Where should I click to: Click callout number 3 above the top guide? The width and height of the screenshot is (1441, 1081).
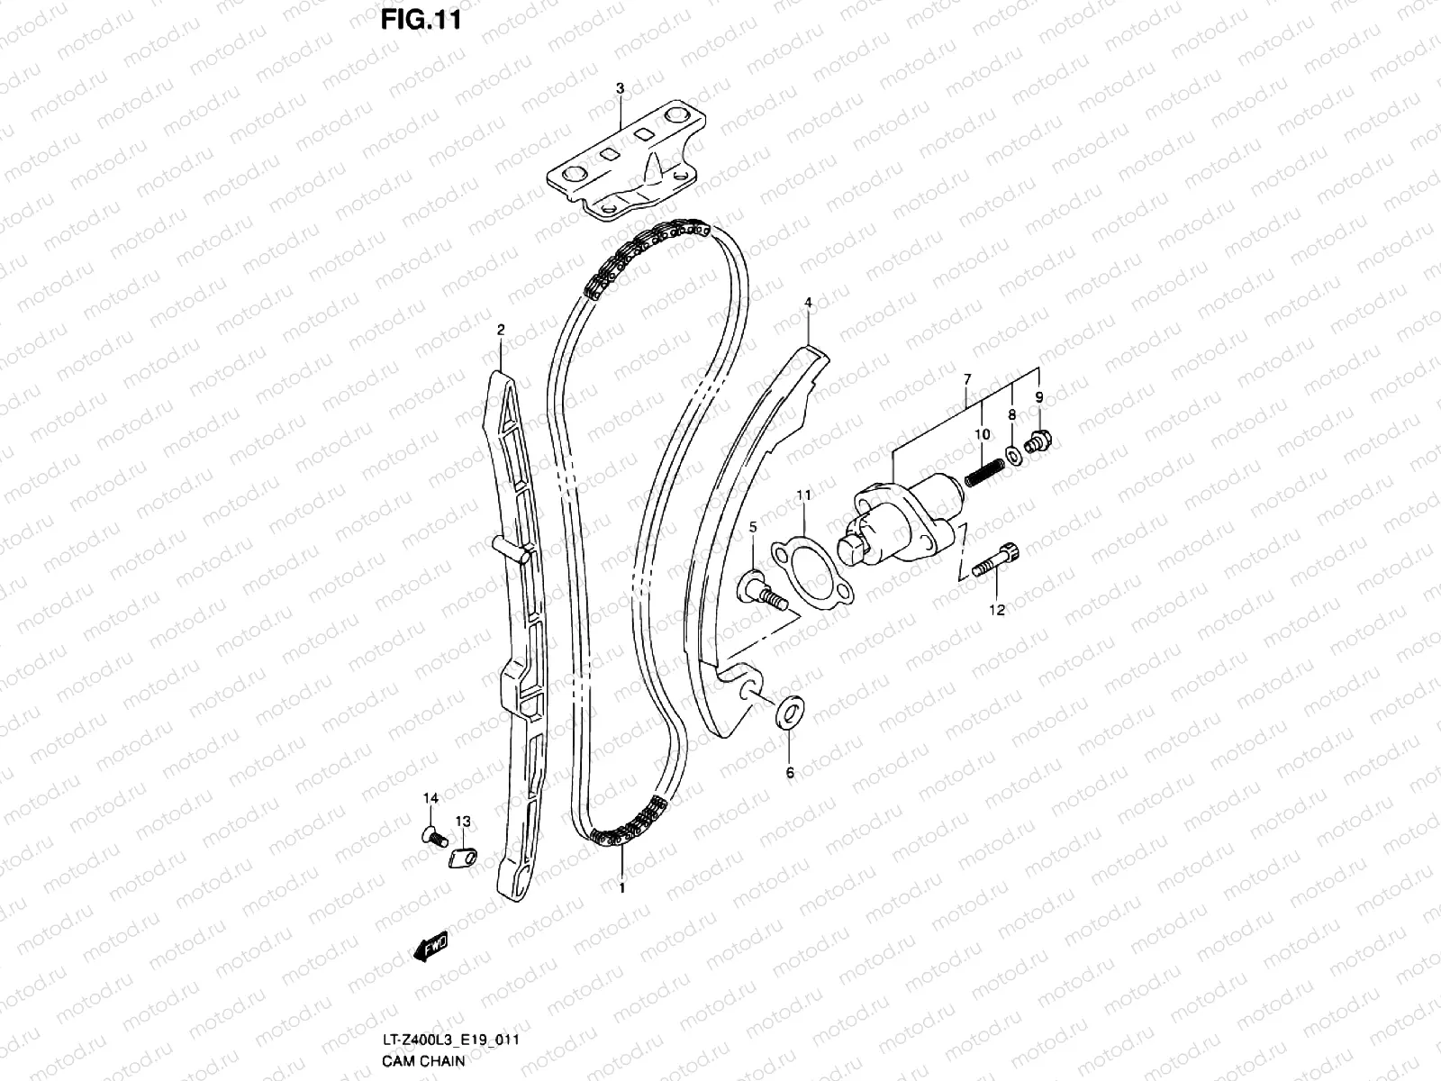[x=620, y=88]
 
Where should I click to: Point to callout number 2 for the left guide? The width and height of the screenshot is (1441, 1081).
[x=501, y=331]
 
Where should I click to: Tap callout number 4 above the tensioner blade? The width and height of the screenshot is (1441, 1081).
[x=808, y=303]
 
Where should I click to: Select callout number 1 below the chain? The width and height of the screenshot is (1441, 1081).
[x=621, y=888]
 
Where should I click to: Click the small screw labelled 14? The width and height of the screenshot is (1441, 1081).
[x=432, y=837]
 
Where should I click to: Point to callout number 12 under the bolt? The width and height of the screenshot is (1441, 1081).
[x=997, y=610]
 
